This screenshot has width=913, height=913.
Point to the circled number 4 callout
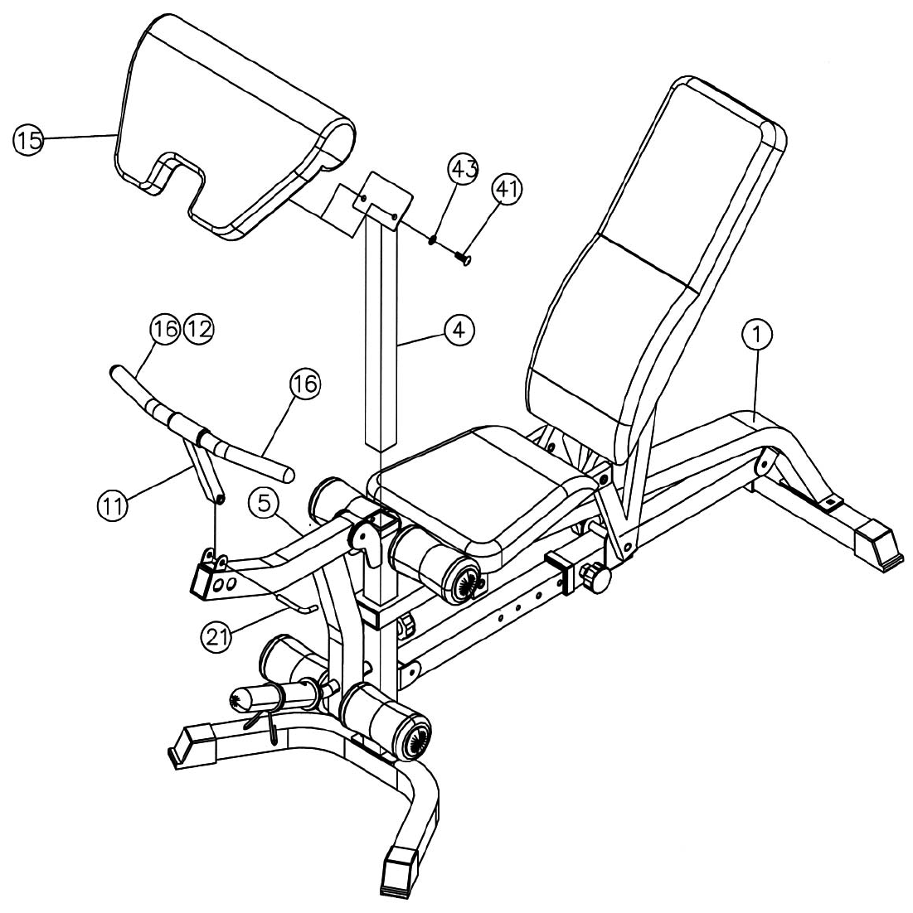click(458, 330)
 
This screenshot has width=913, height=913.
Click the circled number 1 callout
click(756, 336)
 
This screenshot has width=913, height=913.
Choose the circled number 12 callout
click(197, 329)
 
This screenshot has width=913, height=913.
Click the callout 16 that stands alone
click(304, 384)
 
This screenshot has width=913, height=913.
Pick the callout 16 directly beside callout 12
click(164, 329)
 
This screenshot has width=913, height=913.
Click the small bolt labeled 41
click(462, 259)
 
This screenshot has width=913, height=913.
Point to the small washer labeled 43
click(434, 241)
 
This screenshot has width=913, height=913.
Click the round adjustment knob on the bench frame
click(594, 574)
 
